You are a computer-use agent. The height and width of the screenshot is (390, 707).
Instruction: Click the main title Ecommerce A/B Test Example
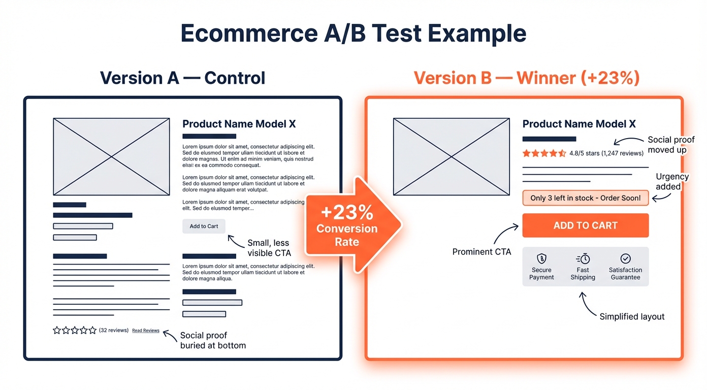click(x=353, y=34)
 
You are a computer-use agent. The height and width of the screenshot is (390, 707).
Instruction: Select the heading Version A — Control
click(x=182, y=78)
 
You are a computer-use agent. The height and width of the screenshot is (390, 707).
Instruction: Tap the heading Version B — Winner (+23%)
click(x=526, y=78)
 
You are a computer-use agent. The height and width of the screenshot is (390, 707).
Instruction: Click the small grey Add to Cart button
click(x=204, y=226)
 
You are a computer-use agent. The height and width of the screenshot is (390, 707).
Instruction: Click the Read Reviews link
click(x=146, y=331)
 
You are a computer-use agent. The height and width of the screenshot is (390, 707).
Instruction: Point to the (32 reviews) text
click(x=114, y=330)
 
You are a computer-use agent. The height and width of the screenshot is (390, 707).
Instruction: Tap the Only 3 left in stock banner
click(x=585, y=198)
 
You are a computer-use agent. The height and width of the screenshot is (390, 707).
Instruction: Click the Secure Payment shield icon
click(x=541, y=258)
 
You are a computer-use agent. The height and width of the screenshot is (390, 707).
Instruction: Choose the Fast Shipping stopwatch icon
click(x=583, y=258)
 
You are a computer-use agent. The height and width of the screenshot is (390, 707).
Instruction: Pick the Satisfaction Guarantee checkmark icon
click(x=625, y=258)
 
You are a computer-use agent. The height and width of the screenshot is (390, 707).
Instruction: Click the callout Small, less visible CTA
click(x=269, y=248)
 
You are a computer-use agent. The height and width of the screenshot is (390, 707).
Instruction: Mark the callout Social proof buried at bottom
click(x=213, y=340)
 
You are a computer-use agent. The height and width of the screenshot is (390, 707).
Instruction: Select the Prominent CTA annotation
click(x=481, y=252)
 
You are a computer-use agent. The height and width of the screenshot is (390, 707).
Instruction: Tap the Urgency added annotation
click(x=671, y=181)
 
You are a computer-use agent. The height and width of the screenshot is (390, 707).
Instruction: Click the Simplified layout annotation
click(x=632, y=316)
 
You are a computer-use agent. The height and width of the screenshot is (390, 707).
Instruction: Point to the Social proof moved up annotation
click(x=670, y=145)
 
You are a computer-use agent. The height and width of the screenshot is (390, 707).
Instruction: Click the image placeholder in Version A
click(x=111, y=157)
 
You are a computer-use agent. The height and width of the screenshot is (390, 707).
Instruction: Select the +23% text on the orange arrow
click(x=347, y=212)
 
